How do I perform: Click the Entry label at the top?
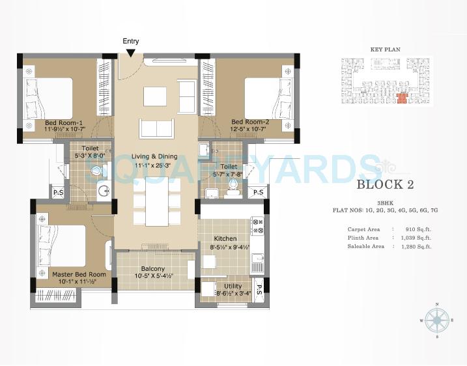[130, 42]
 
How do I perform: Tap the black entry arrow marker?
[131, 53]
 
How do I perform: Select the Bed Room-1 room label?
[63, 122]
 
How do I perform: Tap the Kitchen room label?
[224, 239]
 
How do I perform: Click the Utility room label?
[233, 286]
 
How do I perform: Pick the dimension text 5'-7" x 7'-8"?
[228, 174]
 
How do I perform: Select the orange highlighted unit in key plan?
[401, 98]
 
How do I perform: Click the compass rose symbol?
[437, 321]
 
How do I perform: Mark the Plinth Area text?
[363, 238]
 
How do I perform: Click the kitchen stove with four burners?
[257, 226]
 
